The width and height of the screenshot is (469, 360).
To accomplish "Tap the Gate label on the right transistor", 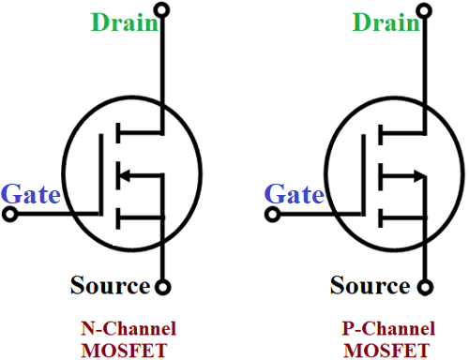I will [x=295, y=194].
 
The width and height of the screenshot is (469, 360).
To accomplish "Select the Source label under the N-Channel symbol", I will [x=111, y=284].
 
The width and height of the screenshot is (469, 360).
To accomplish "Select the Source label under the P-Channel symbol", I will [x=371, y=284].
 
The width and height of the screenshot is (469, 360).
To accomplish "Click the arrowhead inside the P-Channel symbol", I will [x=415, y=173].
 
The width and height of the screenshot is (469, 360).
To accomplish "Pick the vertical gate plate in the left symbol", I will [x=101, y=173].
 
